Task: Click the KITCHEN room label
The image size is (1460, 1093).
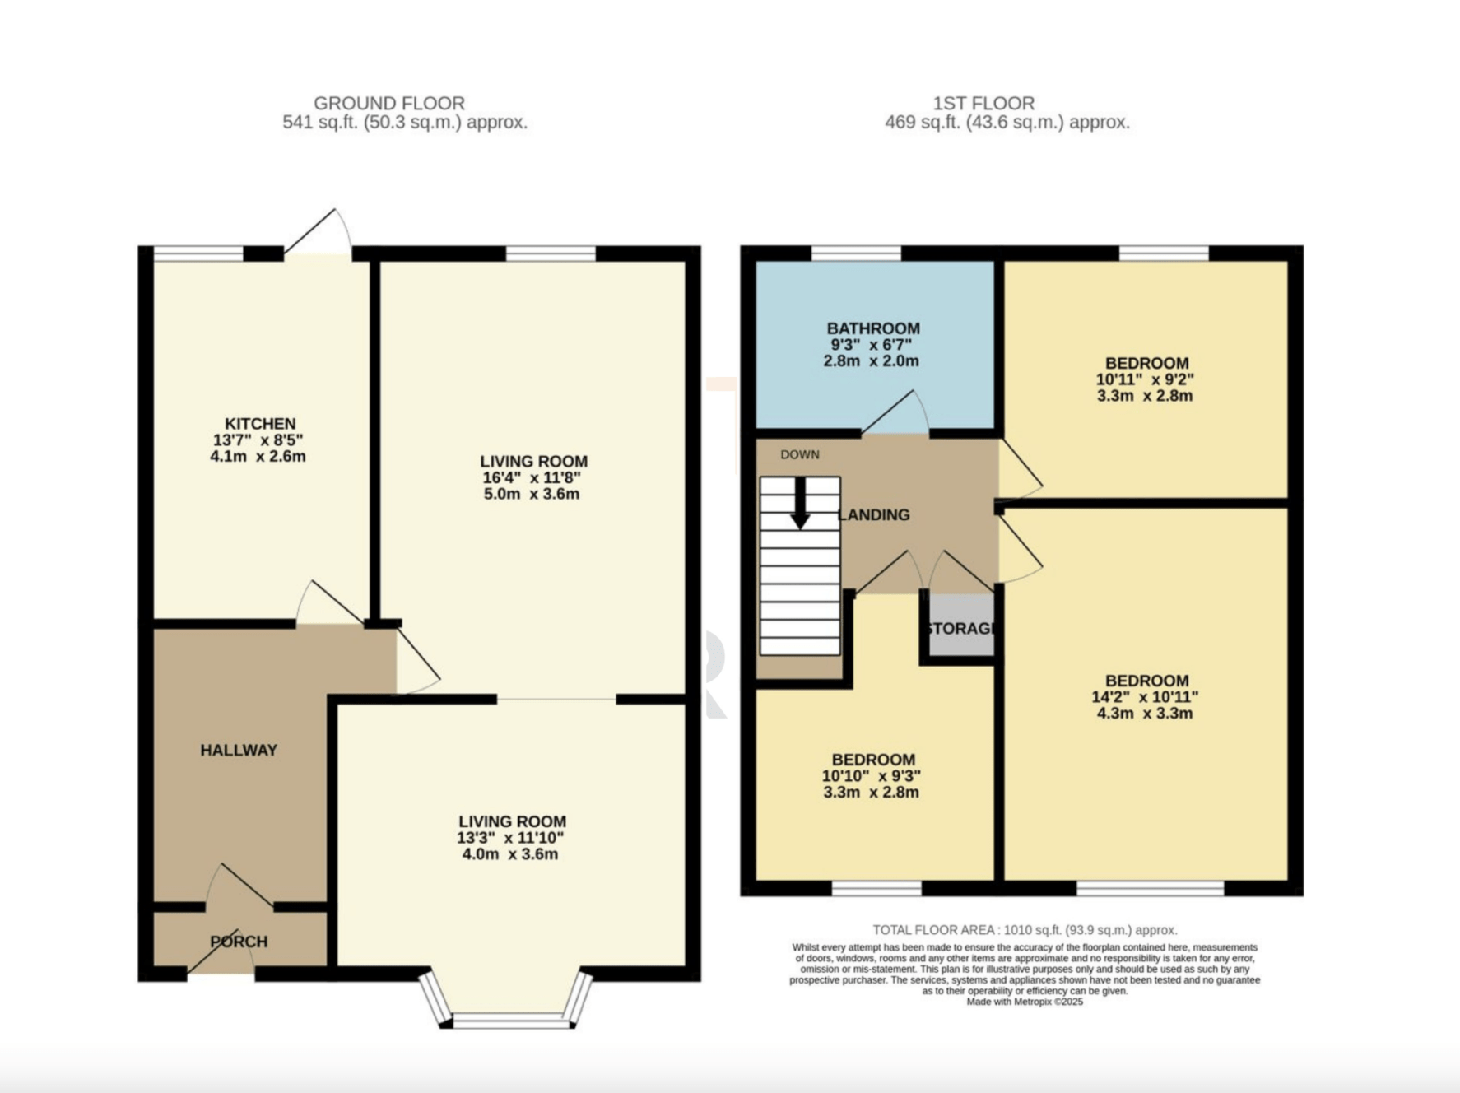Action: [x=260, y=424]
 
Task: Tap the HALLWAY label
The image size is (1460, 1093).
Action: [x=239, y=750]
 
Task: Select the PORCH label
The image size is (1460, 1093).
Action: [x=239, y=942]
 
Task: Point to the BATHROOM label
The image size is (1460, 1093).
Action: [x=873, y=328]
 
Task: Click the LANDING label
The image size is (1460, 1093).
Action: [x=874, y=515]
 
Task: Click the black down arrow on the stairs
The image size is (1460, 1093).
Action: [x=799, y=503]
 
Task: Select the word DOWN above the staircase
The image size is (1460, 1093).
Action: [x=800, y=454]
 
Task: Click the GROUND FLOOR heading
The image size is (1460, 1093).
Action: [x=389, y=104]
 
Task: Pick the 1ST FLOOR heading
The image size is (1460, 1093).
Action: [x=983, y=104]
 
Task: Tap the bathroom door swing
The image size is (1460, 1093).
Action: [x=895, y=412]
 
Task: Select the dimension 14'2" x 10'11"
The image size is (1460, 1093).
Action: [x=1145, y=697]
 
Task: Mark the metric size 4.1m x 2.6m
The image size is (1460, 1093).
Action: [x=258, y=457]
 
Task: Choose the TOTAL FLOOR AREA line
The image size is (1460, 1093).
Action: [x=1025, y=930]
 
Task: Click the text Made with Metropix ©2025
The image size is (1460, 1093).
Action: [x=1025, y=1002]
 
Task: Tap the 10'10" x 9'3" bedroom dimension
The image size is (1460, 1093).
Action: [x=871, y=776]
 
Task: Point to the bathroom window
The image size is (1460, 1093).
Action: [x=856, y=253]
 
